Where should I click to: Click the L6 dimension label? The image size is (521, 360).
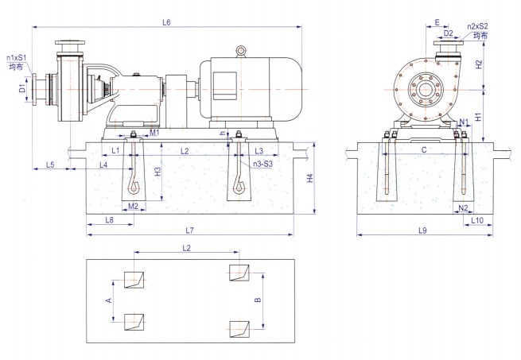point(166,21)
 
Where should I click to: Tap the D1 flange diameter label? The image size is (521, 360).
point(23,90)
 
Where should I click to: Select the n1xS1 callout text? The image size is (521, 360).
point(17,58)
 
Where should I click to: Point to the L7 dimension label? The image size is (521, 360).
point(189,230)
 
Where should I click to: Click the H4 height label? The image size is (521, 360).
point(310,178)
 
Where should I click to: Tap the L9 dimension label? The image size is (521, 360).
point(422,230)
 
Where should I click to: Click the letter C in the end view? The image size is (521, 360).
point(424,149)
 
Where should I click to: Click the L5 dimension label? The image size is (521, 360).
point(49,165)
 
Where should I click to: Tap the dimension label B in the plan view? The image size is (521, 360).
point(257,301)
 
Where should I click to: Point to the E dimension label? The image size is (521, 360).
point(437,22)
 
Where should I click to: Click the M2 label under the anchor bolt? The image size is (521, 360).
point(134,206)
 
